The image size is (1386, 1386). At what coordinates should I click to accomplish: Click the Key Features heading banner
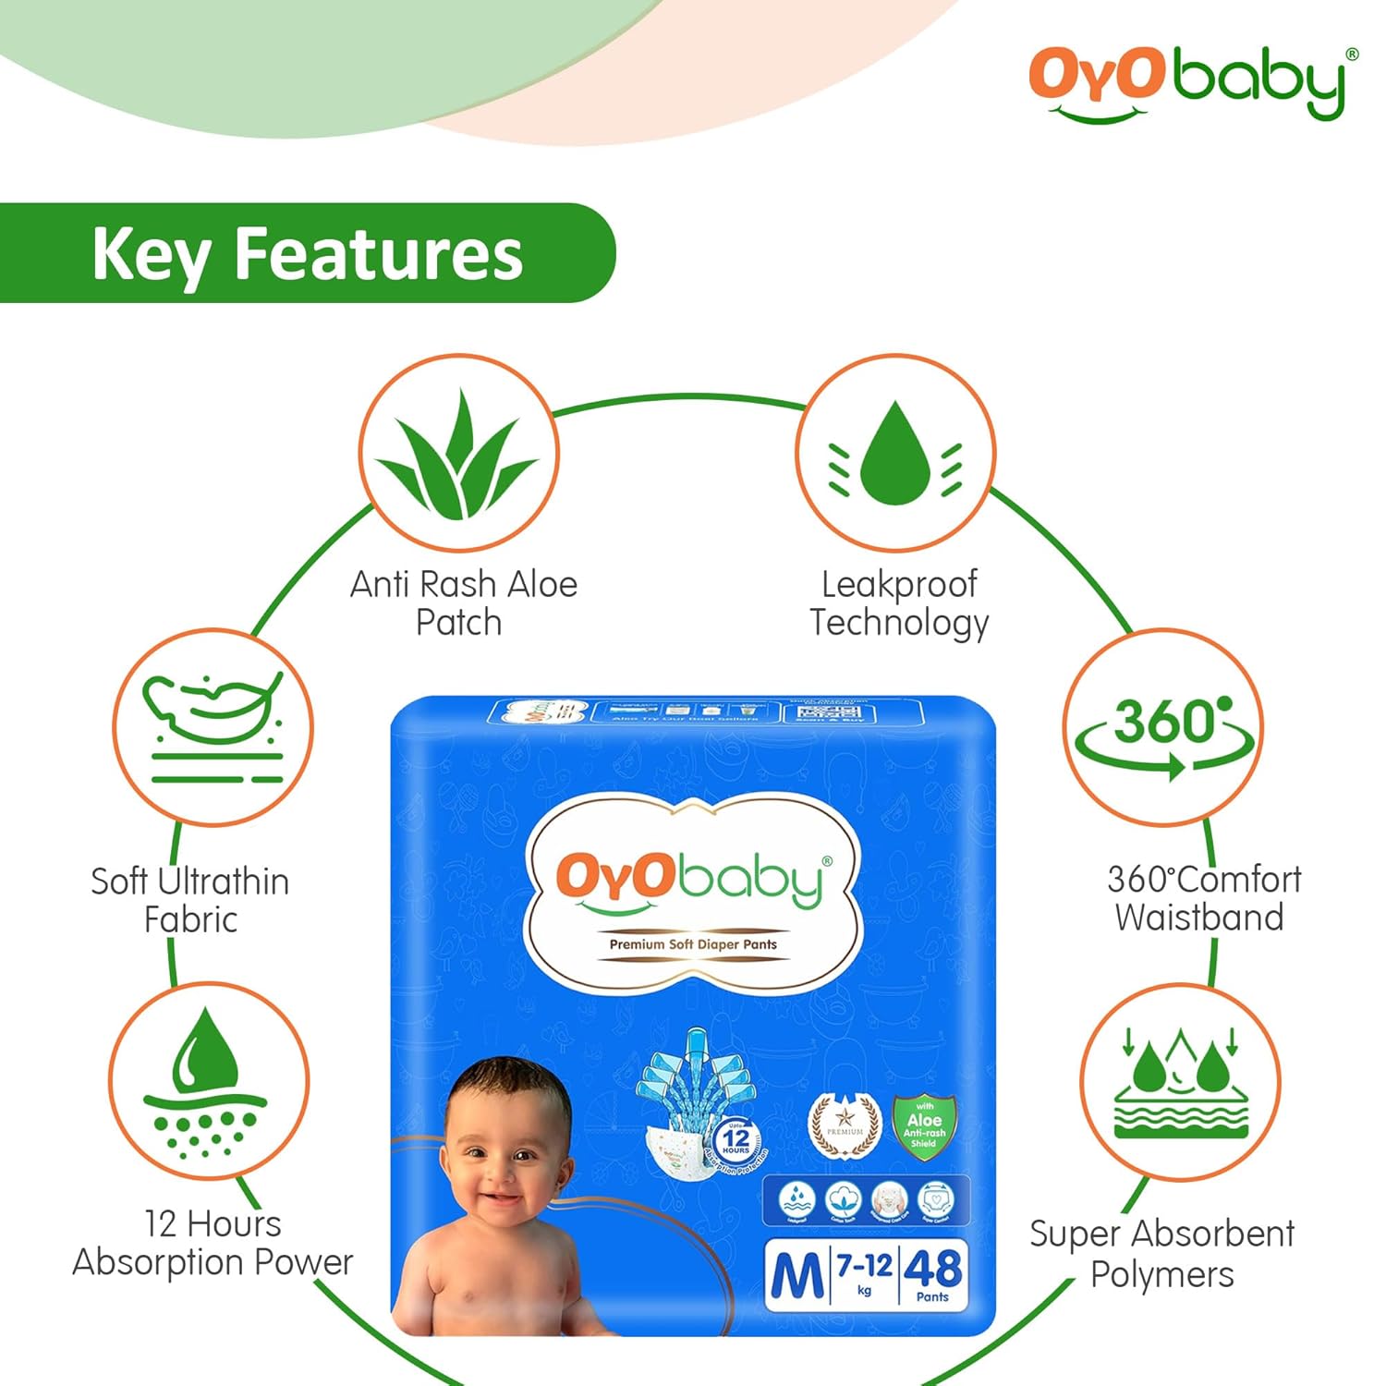[x=307, y=253]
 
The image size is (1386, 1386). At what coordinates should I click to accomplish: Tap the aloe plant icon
[x=459, y=453]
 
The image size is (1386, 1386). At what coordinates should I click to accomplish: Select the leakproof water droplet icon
[x=895, y=453]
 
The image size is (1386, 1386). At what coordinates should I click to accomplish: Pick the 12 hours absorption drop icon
[x=208, y=1081]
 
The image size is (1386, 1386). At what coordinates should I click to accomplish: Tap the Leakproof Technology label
[x=899, y=602]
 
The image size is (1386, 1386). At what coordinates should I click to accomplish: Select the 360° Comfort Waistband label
[x=1203, y=898]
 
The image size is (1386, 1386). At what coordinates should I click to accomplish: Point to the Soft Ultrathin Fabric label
[x=190, y=900]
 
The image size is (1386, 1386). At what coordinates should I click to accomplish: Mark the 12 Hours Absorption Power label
[x=213, y=1243]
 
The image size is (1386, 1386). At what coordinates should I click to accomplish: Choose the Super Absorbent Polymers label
[x=1161, y=1254]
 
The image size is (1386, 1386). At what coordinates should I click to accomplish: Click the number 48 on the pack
[x=932, y=1269]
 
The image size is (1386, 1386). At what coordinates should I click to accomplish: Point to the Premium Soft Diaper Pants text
[x=693, y=944]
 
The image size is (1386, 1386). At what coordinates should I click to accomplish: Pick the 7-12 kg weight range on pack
[x=864, y=1269]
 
